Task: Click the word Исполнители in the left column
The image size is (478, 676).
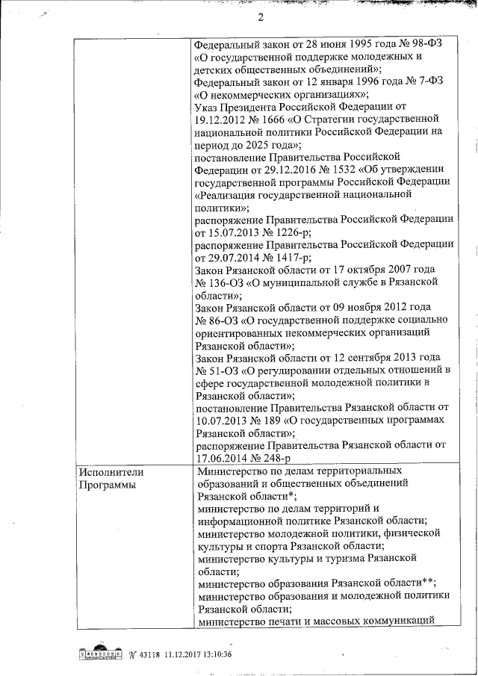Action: click(x=111, y=471)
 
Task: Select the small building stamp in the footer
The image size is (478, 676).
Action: click(x=99, y=654)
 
